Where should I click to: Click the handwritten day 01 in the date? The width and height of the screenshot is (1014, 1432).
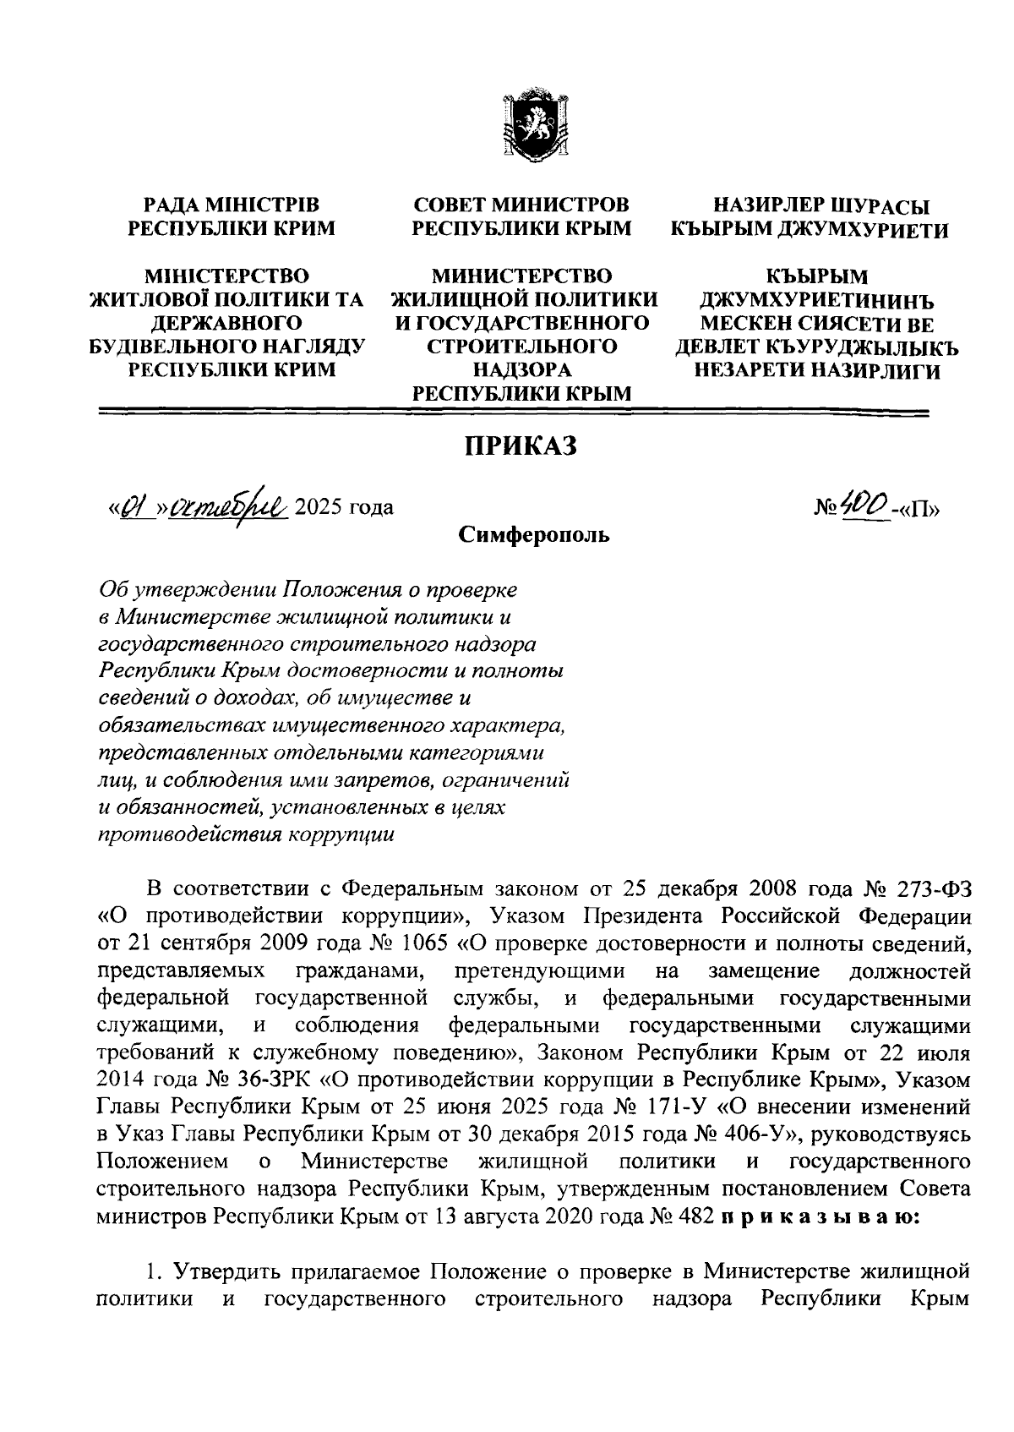point(128,507)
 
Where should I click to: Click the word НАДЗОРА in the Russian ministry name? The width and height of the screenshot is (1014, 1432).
point(521,369)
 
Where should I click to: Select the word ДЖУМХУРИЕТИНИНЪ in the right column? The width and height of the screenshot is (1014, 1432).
point(816,300)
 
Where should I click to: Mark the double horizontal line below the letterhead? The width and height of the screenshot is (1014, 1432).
point(514,413)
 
